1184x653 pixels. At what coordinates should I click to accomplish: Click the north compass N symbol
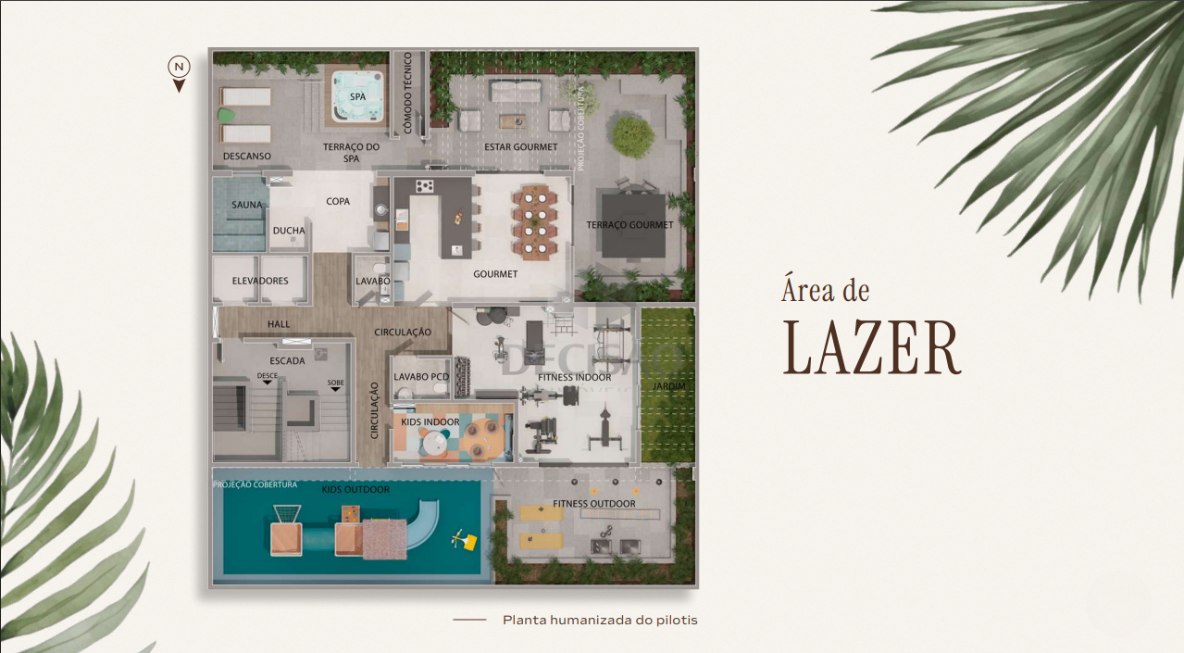180,67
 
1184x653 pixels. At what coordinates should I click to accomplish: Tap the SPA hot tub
357,96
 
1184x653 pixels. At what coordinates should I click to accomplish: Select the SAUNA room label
247,205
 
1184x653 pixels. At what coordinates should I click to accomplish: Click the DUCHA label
289,231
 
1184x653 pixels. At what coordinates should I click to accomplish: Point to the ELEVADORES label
260,281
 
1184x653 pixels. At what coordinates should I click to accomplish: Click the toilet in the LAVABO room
380,268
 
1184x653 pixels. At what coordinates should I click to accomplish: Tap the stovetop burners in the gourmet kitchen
424,186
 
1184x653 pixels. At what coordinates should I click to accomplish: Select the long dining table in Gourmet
535,222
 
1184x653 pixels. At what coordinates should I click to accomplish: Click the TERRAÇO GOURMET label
629,225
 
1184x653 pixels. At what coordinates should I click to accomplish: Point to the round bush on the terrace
632,136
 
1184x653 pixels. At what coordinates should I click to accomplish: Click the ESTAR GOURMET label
520,147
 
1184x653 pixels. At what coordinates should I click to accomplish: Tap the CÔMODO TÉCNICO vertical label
407,93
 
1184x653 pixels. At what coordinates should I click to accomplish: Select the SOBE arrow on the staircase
335,389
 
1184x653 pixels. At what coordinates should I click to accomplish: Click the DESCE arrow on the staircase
267,382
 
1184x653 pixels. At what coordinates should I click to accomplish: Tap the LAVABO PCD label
421,377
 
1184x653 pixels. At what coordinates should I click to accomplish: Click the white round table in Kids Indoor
434,443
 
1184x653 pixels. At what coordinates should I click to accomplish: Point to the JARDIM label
668,386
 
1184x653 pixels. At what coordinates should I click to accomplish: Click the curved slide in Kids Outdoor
424,523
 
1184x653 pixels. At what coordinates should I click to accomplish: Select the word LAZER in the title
871,348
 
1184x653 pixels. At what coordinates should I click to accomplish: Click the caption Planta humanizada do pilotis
600,620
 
